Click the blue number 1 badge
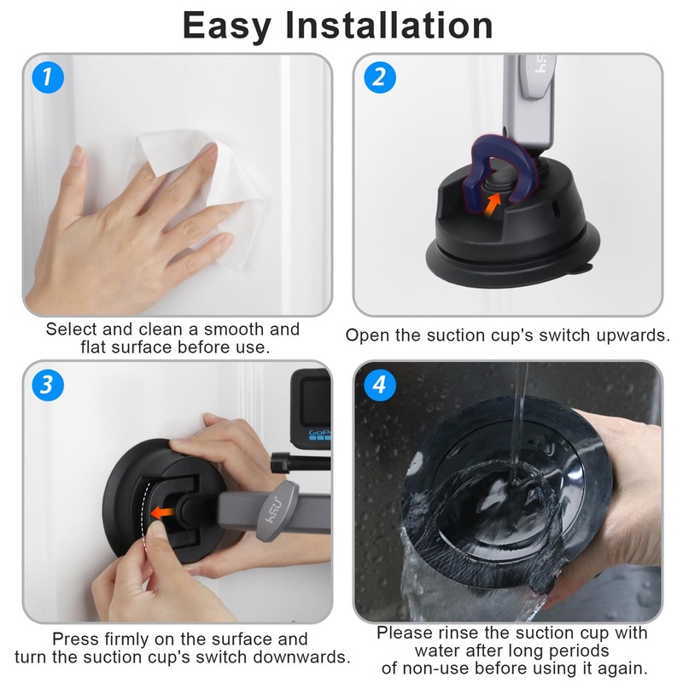pos(48,78)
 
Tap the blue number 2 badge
pos(379,78)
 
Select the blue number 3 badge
pos(48,385)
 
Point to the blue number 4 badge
pos(379,385)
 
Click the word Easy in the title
pos(227,27)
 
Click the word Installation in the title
pos(389,26)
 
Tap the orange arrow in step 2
pos(493,203)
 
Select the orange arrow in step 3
pos(162,513)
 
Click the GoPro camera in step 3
pos(311,408)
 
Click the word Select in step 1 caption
pos(72,330)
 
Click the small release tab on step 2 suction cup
pos(581,269)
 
